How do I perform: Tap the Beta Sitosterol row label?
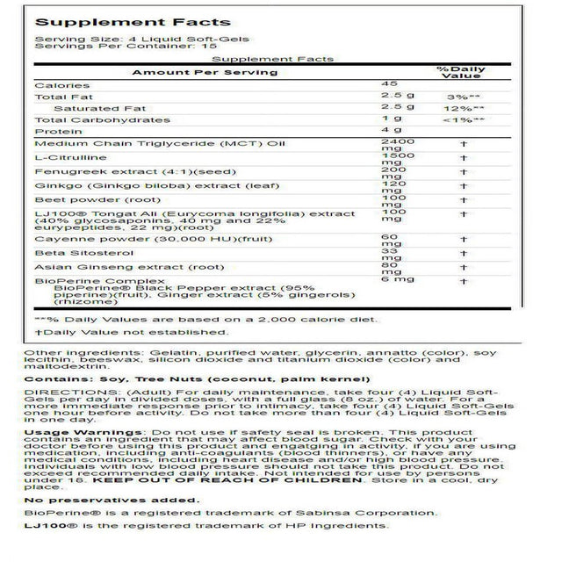point(71,255)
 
